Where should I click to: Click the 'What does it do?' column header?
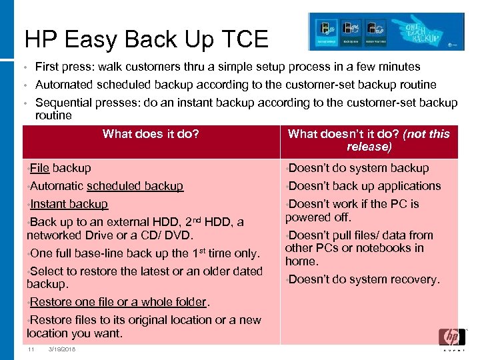click(x=151, y=134)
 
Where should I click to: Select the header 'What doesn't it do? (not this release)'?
click(x=369, y=140)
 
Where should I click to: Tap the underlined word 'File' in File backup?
click(x=40, y=168)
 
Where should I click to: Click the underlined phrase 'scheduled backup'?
click(x=135, y=186)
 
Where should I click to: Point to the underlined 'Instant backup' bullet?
click(x=69, y=204)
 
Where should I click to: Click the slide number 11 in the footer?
click(x=31, y=350)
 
